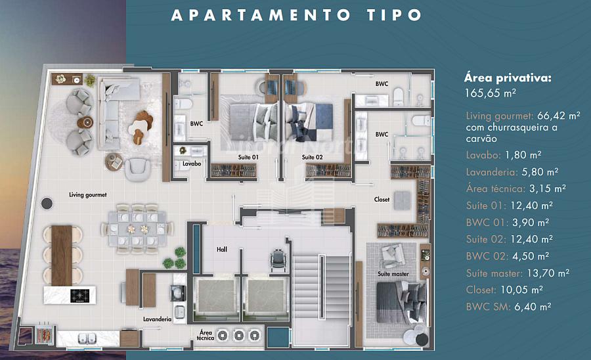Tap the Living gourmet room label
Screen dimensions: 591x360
coord(88,195)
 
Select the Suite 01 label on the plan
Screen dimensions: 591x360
coord(248,157)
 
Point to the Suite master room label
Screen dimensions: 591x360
coord(393,274)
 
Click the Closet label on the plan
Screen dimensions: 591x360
coord(382,199)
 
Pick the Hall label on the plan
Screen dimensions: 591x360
coord(222,249)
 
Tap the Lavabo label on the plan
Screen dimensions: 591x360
coord(192,164)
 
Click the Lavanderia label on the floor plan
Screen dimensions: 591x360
coord(157,319)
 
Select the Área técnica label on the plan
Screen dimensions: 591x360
coord(206,335)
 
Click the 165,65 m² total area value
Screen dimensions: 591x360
coord(490,93)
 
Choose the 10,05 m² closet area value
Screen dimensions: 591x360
coord(521,290)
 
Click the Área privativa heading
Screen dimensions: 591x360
coord(508,78)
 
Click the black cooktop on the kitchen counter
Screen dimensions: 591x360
coord(80,295)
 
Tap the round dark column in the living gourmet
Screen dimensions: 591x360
coord(47,204)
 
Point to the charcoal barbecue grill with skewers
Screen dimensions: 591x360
coord(45,333)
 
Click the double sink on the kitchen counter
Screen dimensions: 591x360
coord(87,338)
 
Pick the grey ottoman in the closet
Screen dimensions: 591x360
coord(402,200)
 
